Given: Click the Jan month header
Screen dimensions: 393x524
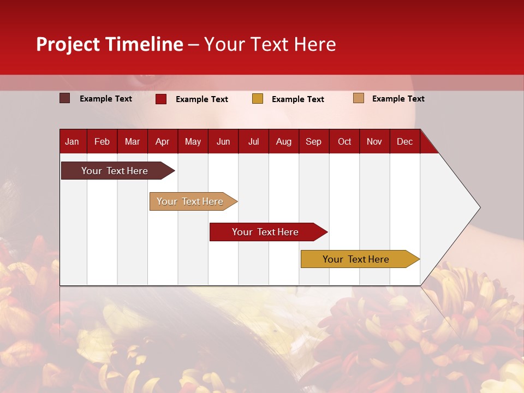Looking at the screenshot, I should (72, 141).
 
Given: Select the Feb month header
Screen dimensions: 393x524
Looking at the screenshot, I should (102, 141).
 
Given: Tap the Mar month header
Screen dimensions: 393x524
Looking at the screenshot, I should (132, 141).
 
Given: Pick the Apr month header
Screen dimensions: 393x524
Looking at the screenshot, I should (162, 141).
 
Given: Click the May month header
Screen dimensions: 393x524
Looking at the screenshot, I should (193, 141).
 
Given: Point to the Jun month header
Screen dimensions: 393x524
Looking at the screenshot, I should (223, 141).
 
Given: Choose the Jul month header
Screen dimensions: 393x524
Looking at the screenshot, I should (253, 141).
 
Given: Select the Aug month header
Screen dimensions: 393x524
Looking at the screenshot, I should (284, 141).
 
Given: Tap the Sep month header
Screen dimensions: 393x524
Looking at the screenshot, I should (314, 141).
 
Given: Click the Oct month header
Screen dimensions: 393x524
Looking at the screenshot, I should (344, 141).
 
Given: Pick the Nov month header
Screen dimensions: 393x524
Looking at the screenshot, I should (374, 141).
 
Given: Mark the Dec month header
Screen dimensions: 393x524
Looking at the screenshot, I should (405, 141).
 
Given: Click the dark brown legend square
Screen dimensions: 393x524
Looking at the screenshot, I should (65, 98).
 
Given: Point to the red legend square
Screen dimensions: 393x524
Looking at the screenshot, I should (161, 99).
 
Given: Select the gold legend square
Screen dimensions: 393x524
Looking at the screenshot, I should (258, 99).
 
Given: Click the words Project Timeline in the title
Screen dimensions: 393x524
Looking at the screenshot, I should (110, 44).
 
